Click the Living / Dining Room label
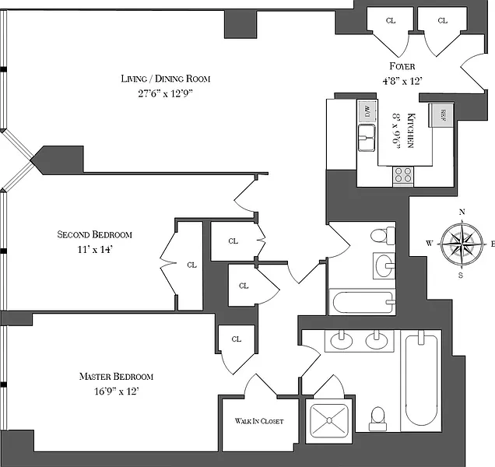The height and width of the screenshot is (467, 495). tap(165, 79)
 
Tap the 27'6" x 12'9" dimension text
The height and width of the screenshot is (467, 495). tap(165, 93)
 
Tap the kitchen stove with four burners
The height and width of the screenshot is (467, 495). tap(402, 175)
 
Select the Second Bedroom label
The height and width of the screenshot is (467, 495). tap(95, 234)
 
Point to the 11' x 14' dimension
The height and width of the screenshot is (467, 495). tap(95, 248)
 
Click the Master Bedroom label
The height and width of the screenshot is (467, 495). tap(116, 377)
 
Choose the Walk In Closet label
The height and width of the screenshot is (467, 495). tap(259, 421)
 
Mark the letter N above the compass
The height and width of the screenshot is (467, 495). tap(462, 212)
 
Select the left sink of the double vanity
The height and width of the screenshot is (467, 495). tap(341, 339)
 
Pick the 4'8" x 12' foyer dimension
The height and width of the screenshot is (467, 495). tap(403, 81)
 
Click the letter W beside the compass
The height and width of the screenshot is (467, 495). tap(428, 244)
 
